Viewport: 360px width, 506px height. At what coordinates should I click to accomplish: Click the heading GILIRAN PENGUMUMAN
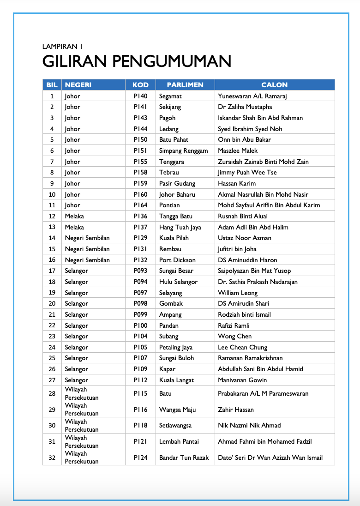tap(137, 61)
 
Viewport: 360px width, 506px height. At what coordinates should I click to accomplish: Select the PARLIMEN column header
tap(185, 85)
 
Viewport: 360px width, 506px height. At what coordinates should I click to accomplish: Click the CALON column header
tap(274, 85)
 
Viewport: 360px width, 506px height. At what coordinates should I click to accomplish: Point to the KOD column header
tap(140, 85)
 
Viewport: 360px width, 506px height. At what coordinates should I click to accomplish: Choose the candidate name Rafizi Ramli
tap(234, 325)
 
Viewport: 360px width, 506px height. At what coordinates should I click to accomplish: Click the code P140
tap(141, 96)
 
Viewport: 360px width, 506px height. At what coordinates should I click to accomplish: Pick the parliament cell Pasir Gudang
tap(177, 183)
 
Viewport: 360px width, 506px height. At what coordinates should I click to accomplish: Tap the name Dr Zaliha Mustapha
tap(245, 107)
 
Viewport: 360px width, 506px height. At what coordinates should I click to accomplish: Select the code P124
tap(141, 458)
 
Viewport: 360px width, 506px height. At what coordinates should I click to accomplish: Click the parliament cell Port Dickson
tap(177, 260)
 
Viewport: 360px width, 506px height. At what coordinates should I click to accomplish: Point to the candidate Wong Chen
tap(234, 336)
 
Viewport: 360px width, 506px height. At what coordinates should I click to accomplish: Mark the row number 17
tap(52, 271)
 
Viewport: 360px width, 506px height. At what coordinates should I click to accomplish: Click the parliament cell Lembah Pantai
tap(179, 441)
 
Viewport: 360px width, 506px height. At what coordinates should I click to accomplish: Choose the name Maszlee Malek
tap(238, 151)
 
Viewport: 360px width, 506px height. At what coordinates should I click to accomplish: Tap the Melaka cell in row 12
tap(74, 216)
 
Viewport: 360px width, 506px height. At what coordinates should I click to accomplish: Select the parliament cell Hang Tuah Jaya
tap(180, 227)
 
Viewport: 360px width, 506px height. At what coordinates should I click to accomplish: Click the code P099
tap(141, 314)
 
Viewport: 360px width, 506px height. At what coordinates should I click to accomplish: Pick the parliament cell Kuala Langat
tap(176, 380)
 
